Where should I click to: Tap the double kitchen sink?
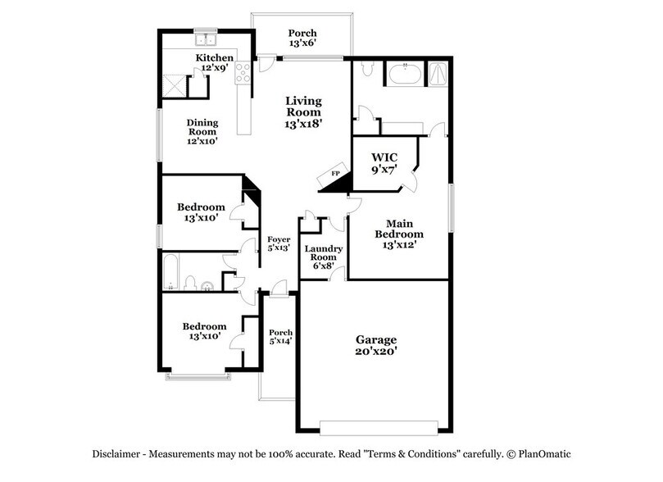tap(204, 38)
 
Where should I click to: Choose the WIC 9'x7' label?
tap(385, 162)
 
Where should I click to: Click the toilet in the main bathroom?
tap(366, 72)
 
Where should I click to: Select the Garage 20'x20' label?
tap(375, 345)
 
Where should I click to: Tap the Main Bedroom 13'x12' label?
tap(399, 234)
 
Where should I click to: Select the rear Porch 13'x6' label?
tap(302, 38)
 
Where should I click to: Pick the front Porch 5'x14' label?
tap(280, 336)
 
